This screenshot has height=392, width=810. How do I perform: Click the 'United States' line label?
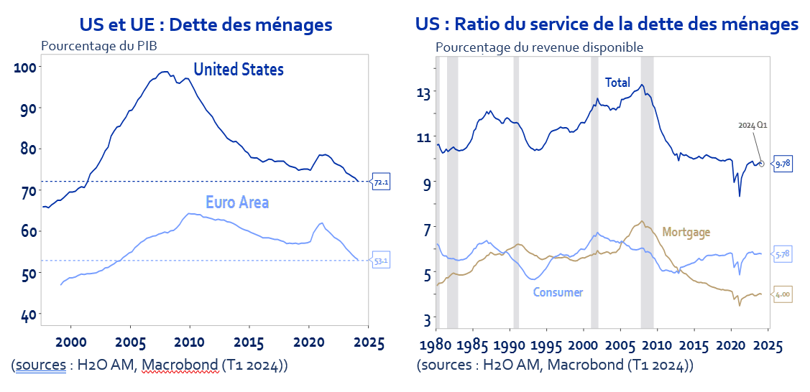click(239, 70)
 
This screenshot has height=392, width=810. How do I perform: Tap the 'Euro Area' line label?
click(237, 202)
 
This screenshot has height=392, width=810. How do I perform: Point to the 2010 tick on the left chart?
click(190, 342)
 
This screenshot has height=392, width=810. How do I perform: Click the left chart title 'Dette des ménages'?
click(206, 24)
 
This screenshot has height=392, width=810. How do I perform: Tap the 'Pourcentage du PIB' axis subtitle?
click(99, 47)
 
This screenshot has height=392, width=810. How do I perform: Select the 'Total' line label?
click(617, 83)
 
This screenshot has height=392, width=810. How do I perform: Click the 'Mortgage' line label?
click(686, 232)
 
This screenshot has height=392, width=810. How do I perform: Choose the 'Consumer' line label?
click(558, 292)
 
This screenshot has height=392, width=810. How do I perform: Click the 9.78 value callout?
click(783, 164)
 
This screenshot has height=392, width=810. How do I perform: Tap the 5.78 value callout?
click(783, 254)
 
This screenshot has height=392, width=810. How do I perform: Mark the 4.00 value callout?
click(783, 294)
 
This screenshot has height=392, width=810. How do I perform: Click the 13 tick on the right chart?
click(424, 93)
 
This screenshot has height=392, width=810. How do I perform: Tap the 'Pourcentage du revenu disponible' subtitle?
click(539, 47)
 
